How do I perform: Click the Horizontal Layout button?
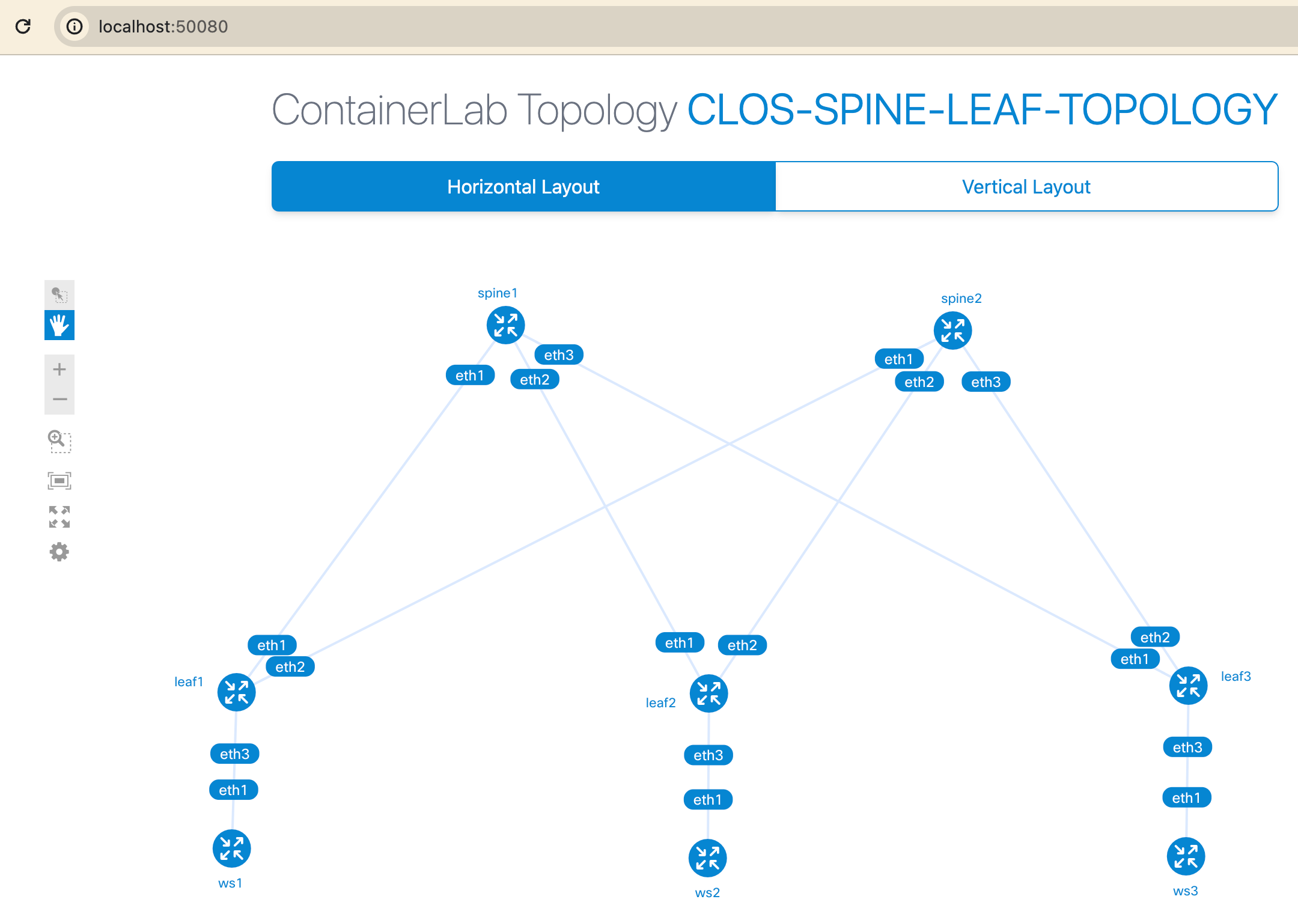[x=523, y=187]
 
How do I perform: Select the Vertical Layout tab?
[x=1026, y=187]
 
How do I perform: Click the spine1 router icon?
[x=505, y=325]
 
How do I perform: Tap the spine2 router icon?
[x=952, y=331]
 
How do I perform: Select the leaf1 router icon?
[x=236, y=692]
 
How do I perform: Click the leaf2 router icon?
[x=708, y=693]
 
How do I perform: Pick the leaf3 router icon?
[x=1188, y=686]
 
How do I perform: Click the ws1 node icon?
[x=231, y=848]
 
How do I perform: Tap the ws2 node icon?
[x=707, y=858]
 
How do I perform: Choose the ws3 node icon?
[x=1186, y=856]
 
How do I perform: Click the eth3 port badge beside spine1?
[x=558, y=355]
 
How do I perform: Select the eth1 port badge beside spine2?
[x=898, y=359]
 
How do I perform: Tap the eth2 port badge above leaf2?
[x=742, y=645]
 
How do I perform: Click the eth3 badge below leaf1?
[x=234, y=754]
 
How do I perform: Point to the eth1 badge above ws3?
[x=1186, y=798]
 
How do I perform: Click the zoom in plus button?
[x=59, y=370]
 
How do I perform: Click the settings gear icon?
[x=59, y=552]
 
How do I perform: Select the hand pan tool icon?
[x=59, y=326]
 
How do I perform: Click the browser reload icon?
[x=23, y=26]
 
